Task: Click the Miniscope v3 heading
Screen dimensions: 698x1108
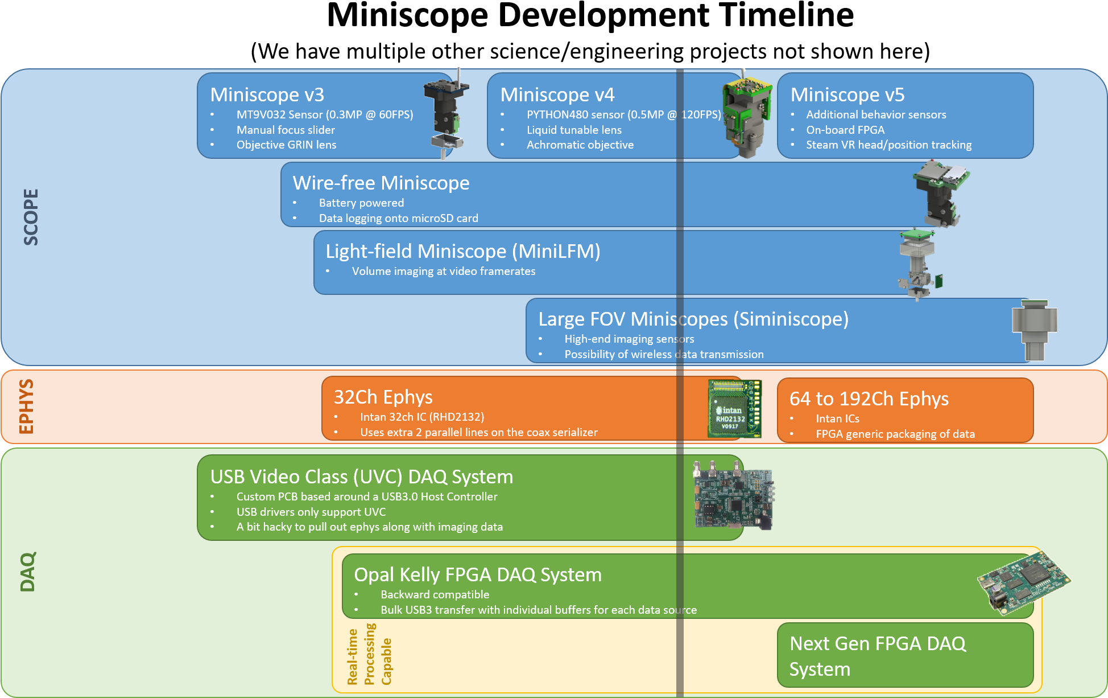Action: tap(267, 95)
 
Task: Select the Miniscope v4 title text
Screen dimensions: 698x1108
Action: tap(557, 95)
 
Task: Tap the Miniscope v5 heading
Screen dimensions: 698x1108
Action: tap(847, 95)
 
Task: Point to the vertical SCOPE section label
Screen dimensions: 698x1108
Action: tap(31, 217)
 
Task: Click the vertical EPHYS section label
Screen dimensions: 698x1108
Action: tap(27, 407)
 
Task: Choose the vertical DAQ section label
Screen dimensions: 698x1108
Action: tap(28, 572)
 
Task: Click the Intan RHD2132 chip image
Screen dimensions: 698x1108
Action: tap(734, 409)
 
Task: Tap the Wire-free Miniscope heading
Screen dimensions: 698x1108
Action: tap(381, 183)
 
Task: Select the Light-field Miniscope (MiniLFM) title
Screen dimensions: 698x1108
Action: tap(462, 251)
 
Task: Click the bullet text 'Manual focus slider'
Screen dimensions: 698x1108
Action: tap(286, 130)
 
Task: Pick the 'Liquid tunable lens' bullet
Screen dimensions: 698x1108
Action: tap(574, 130)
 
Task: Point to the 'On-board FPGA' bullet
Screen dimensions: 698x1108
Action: tap(845, 130)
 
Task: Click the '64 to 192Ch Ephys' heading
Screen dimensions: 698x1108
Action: tap(869, 399)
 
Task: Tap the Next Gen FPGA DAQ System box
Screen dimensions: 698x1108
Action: tap(904, 655)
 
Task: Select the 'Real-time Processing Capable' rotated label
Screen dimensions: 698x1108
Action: tap(369, 655)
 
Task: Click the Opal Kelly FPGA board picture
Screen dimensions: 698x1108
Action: tap(1023, 584)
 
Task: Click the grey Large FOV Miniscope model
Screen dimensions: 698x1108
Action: tap(1034, 329)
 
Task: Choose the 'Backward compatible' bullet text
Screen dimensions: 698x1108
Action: tap(435, 594)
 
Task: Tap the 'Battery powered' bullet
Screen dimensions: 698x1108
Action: tap(361, 203)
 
